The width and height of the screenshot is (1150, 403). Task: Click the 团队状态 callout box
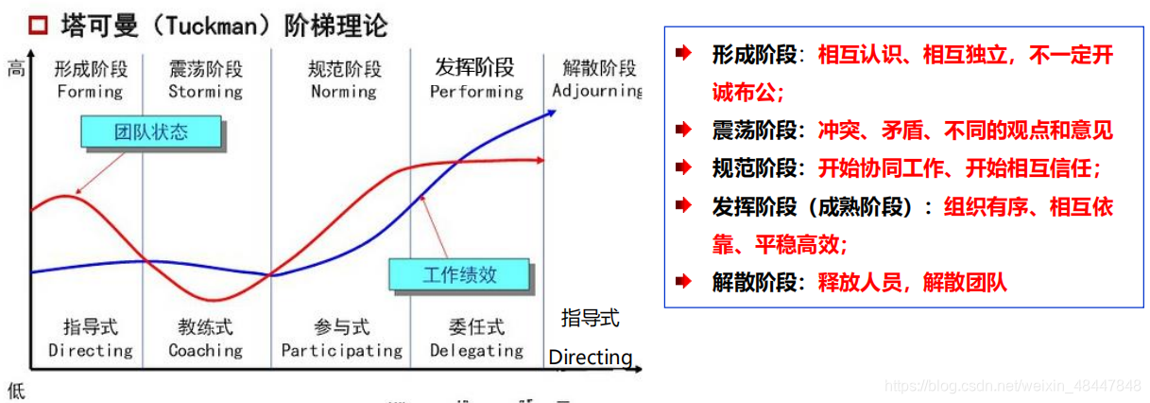pos(151,132)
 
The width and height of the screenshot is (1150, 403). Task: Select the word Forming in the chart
pos(90,92)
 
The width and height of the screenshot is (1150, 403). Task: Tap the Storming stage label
pos(205,92)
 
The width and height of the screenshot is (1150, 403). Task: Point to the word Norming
pos(343,92)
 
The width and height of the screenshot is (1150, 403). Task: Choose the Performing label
pos(475,92)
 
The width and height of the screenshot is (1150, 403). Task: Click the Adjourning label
pos(596,92)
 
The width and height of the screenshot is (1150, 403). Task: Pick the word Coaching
pos(205,350)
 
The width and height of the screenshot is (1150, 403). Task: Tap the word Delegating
pos(476,350)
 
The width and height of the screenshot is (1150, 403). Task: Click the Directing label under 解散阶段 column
pos(591,358)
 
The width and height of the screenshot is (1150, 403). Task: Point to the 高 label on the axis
pos(15,68)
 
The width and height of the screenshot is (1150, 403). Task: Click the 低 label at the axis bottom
pos(15,389)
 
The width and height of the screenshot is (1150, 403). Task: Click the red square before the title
pos(39,26)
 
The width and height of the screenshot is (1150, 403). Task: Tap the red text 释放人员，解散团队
pos(912,281)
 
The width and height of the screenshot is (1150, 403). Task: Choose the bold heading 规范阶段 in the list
pos(752,167)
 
